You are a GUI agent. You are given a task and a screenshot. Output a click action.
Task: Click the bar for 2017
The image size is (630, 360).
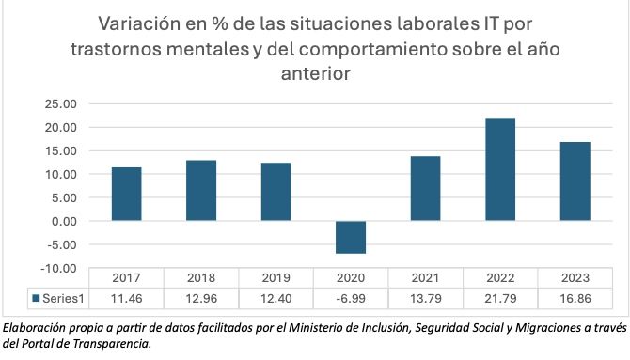tap(126, 195)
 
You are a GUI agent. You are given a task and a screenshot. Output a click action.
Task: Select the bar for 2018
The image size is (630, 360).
tap(200, 191)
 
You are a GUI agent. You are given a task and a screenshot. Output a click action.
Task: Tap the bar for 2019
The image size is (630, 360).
tap(276, 192)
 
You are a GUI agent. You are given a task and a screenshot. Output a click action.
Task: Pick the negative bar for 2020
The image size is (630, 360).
tap(350, 237)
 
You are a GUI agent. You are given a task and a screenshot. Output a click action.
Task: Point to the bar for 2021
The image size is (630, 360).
tap(425, 189)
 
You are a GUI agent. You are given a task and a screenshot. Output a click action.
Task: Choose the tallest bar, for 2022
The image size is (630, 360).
tap(499, 170)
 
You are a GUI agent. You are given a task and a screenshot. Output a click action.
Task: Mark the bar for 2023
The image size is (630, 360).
tap(575, 181)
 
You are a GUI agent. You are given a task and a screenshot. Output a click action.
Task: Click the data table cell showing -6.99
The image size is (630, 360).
tap(350, 299)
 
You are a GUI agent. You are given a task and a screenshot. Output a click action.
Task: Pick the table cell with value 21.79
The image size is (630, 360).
tap(499, 299)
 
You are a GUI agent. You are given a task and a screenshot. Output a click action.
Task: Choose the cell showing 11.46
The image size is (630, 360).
tap(126, 299)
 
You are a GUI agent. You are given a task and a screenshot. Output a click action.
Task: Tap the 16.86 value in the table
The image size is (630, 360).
tap(575, 299)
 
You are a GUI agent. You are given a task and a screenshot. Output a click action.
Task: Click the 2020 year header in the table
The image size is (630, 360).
tap(350, 279)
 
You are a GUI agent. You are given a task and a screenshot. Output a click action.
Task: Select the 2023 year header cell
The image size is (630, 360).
tap(575, 279)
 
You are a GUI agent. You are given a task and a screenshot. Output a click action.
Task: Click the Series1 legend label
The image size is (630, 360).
tap(63, 299)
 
